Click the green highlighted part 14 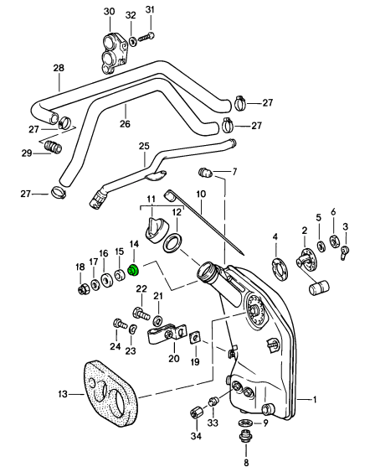click(132, 270)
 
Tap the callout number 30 click(110, 12)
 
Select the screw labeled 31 click(146, 38)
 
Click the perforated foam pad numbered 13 click(110, 394)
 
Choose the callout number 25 click(144, 147)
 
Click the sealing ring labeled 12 click(172, 243)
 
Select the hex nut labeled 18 click(82, 289)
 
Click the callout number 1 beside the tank click(315, 400)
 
